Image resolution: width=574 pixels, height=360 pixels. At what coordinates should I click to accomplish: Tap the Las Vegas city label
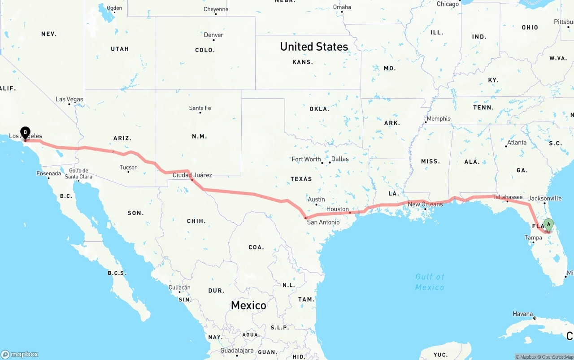(70, 100)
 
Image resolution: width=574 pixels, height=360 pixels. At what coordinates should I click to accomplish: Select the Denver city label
(213, 35)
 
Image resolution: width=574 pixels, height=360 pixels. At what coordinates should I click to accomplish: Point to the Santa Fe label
(200, 108)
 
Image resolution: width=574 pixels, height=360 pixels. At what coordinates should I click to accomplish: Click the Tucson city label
(129, 168)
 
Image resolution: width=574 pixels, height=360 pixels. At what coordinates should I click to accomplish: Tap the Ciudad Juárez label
(192, 175)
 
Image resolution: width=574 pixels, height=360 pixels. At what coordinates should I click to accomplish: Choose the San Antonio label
(323, 222)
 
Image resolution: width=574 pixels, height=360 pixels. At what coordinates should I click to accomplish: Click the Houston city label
(338, 209)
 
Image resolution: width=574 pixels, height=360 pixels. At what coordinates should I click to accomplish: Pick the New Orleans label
(425, 204)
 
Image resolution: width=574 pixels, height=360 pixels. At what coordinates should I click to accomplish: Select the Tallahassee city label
(508, 197)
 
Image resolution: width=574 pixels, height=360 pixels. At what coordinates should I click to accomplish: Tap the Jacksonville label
(545, 198)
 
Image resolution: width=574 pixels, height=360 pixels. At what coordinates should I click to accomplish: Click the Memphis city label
(438, 119)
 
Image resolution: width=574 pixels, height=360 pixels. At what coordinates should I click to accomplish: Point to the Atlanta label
(517, 143)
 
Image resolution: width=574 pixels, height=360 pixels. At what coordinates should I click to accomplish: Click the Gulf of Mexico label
(430, 282)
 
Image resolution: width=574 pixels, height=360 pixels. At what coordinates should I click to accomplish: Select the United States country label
(314, 47)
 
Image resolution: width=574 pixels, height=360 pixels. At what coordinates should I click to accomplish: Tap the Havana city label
(523, 314)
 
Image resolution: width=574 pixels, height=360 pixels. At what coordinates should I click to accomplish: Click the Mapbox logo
(20, 354)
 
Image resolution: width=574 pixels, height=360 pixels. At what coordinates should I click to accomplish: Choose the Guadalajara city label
(237, 351)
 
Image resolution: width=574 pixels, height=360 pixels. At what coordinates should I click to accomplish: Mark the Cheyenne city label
(216, 9)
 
